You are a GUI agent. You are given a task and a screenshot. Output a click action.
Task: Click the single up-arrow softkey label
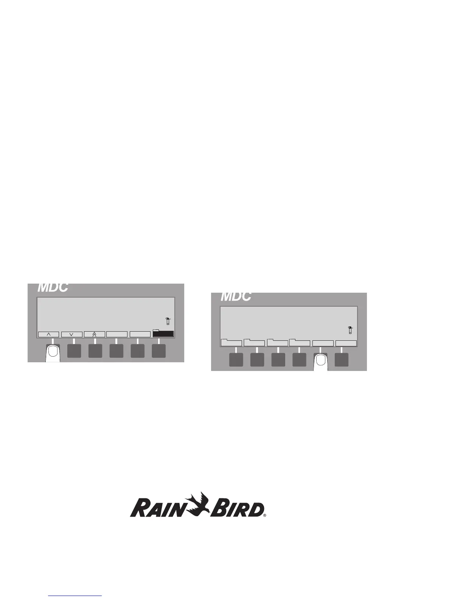pos(48,334)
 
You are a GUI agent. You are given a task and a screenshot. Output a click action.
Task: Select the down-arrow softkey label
pos(71,334)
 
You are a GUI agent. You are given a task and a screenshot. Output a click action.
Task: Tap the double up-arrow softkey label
pos(94,334)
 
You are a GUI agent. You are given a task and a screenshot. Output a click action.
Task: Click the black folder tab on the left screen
pos(163,334)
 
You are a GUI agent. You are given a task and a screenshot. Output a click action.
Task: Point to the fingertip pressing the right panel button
pos(321,361)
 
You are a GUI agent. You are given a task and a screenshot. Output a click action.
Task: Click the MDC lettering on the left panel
pos(53,288)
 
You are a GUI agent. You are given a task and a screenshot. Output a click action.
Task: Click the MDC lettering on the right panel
pos(236,296)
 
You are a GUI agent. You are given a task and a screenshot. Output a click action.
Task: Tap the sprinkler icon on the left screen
pos(168,321)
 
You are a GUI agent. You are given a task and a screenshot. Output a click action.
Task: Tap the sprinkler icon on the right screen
pos(350,330)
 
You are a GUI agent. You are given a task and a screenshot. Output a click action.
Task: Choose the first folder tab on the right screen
pos(231,343)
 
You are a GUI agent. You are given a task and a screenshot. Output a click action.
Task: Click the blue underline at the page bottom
pos(75,596)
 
